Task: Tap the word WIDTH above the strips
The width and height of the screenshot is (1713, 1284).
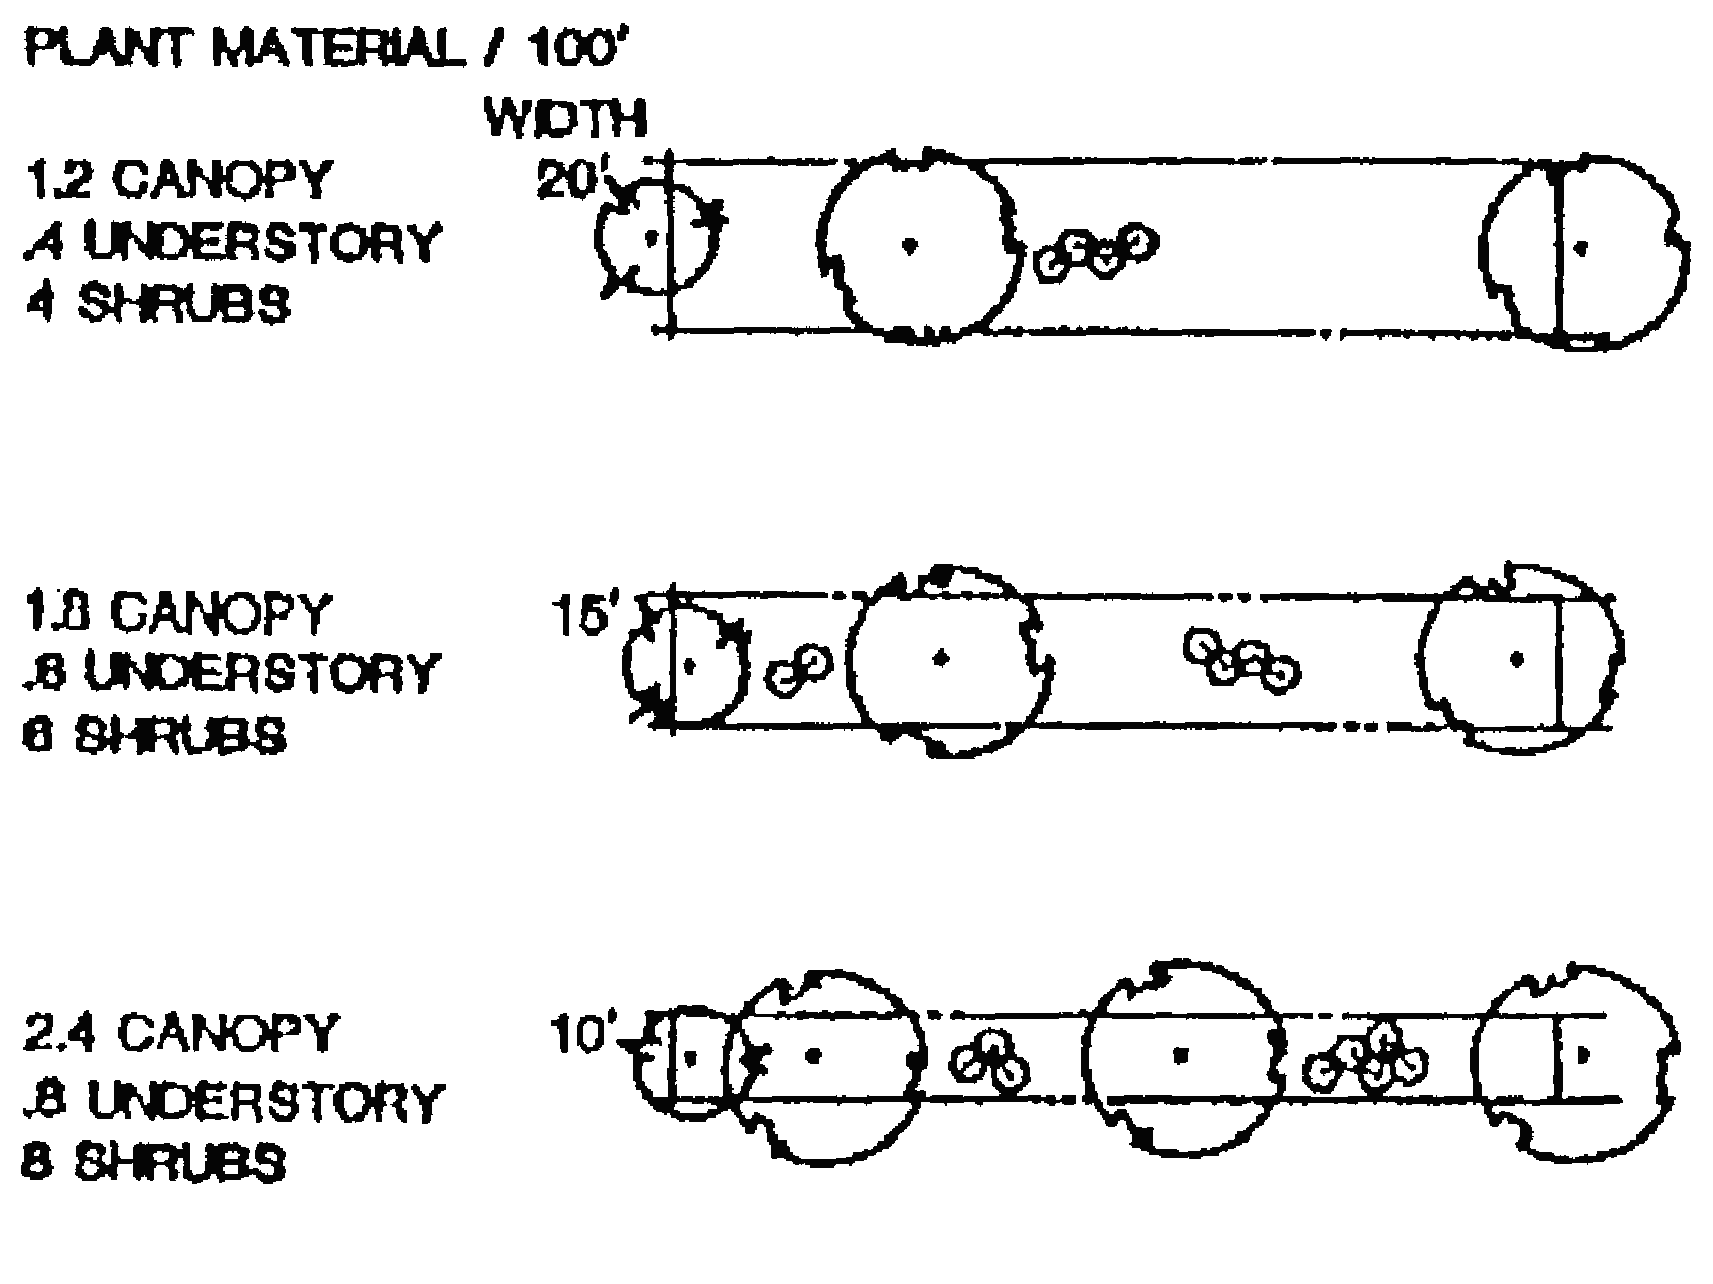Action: [x=566, y=118]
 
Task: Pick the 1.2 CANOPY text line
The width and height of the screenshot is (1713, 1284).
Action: [x=178, y=180]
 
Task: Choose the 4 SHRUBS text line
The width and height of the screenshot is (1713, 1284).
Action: [x=158, y=303]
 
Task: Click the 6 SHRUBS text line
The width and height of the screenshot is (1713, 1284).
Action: [x=155, y=735]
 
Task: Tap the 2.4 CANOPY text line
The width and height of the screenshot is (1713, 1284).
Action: [x=181, y=1033]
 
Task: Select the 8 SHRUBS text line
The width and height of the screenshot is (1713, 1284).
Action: [x=155, y=1163]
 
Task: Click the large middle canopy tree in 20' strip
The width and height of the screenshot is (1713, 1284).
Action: [x=911, y=245]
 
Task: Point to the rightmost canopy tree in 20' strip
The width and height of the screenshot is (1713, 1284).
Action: [x=1583, y=250]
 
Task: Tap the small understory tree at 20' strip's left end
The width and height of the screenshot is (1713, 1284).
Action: [x=655, y=238]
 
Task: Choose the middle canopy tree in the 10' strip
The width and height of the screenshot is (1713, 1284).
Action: [x=1182, y=1055]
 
